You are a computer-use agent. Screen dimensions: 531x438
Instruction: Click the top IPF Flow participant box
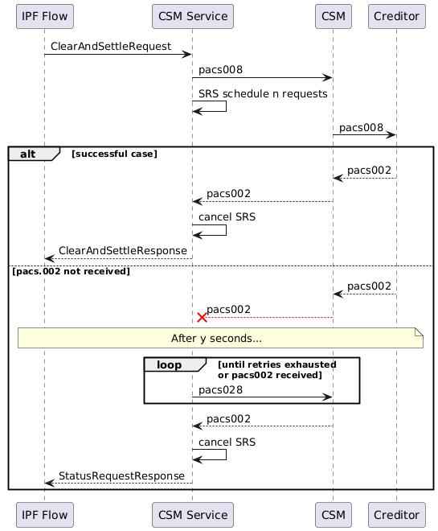(x=44, y=15)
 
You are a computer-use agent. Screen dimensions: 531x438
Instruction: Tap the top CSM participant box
(x=333, y=15)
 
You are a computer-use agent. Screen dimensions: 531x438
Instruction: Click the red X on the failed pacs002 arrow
(x=202, y=318)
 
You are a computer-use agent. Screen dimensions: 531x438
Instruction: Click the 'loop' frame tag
(x=170, y=364)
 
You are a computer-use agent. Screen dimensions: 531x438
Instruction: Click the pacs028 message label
(x=221, y=389)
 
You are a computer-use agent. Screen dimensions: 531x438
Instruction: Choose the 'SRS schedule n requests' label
(x=263, y=94)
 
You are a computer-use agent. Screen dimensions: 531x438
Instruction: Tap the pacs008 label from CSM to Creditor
(x=361, y=128)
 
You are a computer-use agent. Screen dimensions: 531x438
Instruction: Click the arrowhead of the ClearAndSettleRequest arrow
(x=187, y=55)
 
